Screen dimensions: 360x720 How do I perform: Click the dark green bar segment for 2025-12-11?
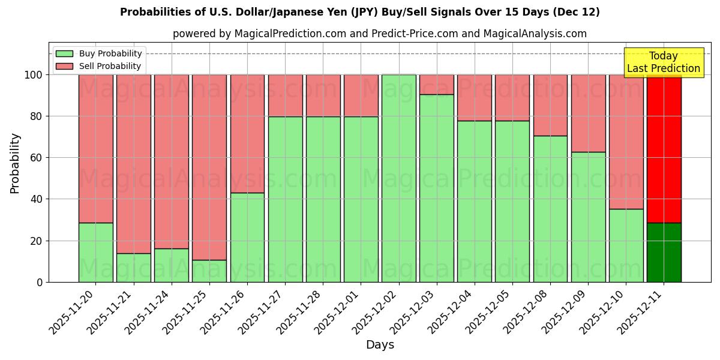point(664,252)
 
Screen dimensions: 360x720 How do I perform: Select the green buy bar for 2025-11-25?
point(209,271)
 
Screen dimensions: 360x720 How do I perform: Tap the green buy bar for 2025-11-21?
point(133,268)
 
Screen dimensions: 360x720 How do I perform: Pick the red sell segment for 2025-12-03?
point(437,85)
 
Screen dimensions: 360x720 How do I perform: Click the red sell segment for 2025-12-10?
point(626,142)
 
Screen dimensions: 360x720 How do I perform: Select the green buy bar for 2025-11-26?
point(247,237)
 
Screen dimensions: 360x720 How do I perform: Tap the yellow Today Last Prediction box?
point(664,62)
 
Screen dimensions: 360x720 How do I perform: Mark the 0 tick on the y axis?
point(39,282)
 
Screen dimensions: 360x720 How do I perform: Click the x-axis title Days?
point(380,345)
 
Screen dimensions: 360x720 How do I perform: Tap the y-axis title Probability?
point(15,163)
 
